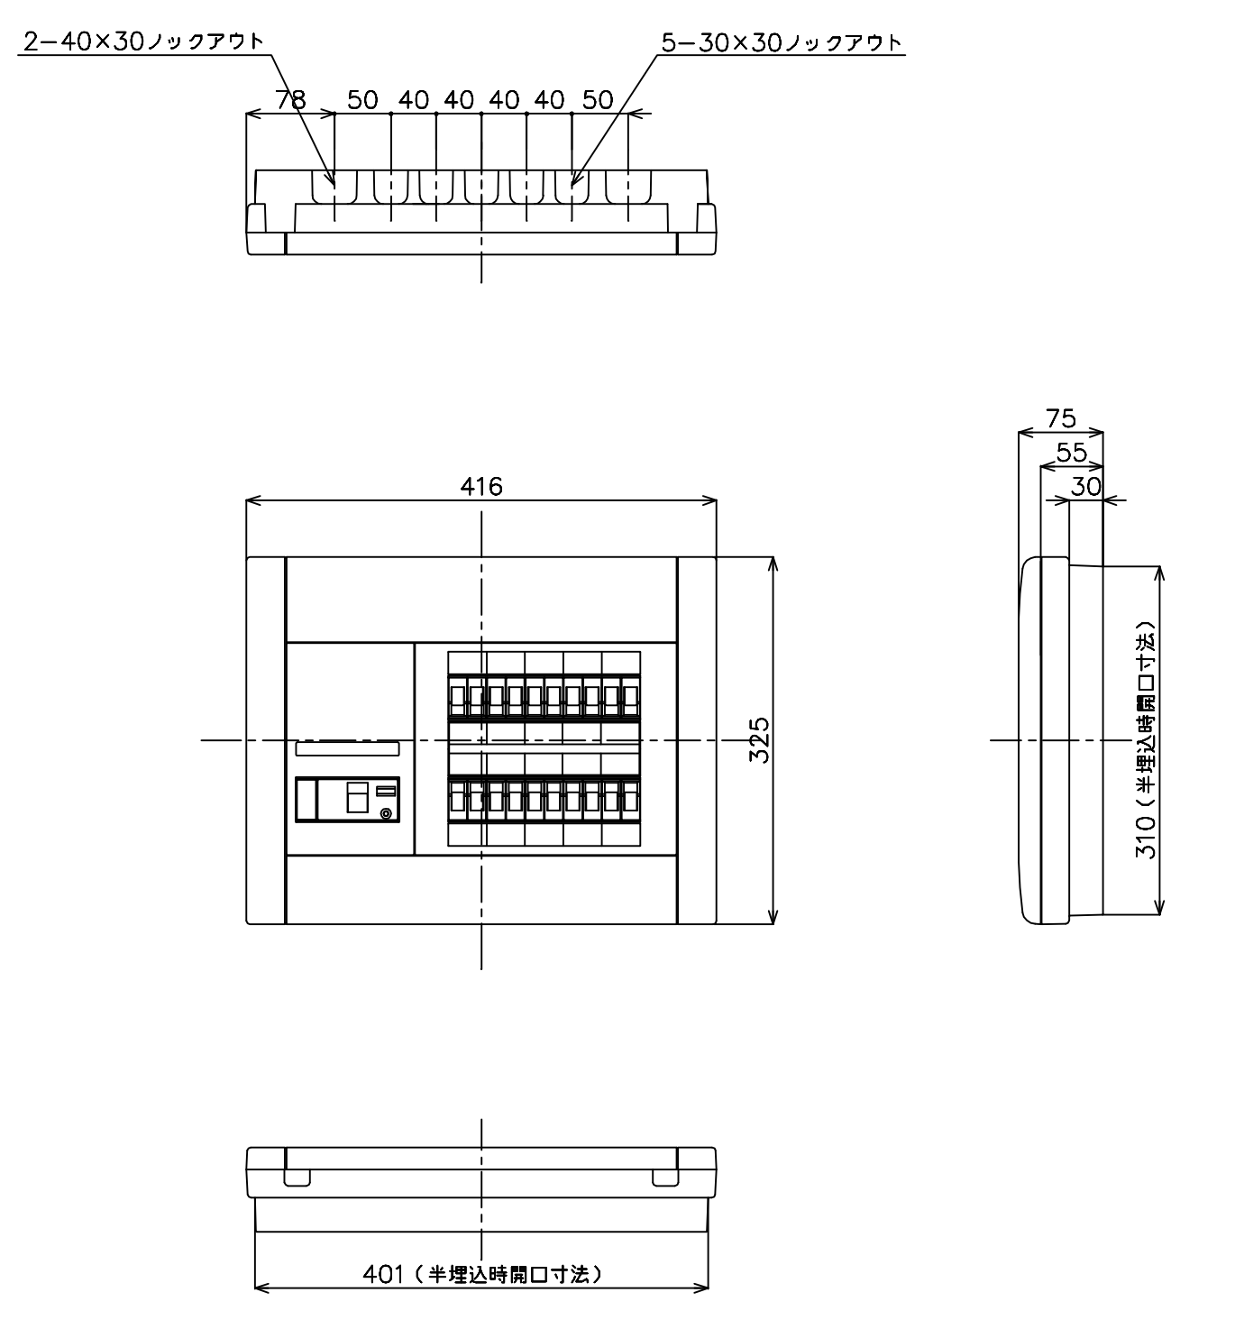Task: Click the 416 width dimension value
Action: click(x=480, y=487)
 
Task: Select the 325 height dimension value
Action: click(x=760, y=740)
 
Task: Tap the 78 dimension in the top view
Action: click(x=290, y=100)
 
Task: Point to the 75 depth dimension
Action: click(x=1061, y=418)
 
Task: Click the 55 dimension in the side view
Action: click(x=1072, y=453)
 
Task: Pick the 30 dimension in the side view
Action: click(x=1085, y=487)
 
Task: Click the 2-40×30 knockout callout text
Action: click(x=144, y=41)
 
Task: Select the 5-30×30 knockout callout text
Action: click(x=782, y=43)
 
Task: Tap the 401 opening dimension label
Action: click(x=482, y=1274)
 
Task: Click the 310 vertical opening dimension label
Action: click(x=1146, y=740)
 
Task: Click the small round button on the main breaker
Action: click(x=386, y=813)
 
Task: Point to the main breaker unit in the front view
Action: click(x=347, y=799)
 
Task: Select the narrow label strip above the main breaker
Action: click(x=347, y=748)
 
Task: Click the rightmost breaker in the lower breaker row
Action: click(x=630, y=800)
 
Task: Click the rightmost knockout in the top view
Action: click(x=628, y=187)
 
